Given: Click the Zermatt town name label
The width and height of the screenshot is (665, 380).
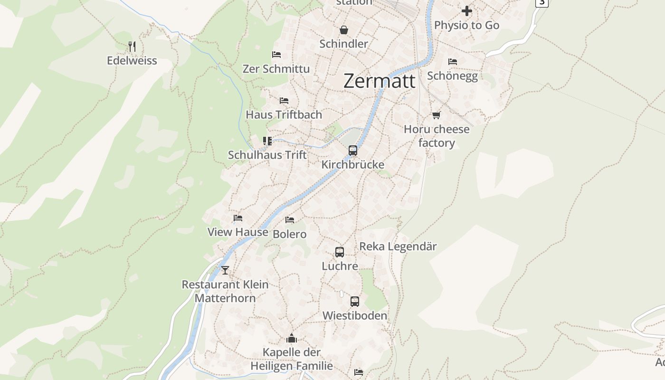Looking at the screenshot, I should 379,81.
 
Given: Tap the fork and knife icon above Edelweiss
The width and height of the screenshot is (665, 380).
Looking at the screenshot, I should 132,47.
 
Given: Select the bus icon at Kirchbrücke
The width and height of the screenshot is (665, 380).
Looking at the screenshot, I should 353,151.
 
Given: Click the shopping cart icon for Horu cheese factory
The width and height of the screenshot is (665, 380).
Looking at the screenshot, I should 436,115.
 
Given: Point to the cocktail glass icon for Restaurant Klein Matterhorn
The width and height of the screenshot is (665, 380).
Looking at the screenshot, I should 225,270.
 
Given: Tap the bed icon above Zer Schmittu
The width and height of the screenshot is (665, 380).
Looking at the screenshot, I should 276,55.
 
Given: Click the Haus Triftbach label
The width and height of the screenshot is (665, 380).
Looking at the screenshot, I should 284,114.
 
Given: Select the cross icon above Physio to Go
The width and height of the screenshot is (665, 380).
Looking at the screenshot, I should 467,10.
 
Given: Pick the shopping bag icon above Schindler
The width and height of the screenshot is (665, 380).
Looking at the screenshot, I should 344,30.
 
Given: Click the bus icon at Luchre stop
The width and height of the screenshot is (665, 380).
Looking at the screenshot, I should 340,252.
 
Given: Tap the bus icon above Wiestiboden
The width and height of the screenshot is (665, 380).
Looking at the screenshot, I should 355,302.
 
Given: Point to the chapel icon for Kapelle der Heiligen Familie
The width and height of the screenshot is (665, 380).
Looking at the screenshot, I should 292,338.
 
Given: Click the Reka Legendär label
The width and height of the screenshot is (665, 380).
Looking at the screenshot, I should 398,247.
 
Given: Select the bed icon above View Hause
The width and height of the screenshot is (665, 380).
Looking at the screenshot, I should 238,218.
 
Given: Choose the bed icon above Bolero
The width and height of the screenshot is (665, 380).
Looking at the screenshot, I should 290,219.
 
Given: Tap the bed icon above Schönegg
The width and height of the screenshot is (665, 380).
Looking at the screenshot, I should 453,62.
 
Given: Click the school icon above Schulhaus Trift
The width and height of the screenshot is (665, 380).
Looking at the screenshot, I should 267,141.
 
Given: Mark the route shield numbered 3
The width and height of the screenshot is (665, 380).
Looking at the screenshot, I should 541,2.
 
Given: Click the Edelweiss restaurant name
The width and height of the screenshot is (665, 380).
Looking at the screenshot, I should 132,61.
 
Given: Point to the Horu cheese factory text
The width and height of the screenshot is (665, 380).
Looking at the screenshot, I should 437,136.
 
